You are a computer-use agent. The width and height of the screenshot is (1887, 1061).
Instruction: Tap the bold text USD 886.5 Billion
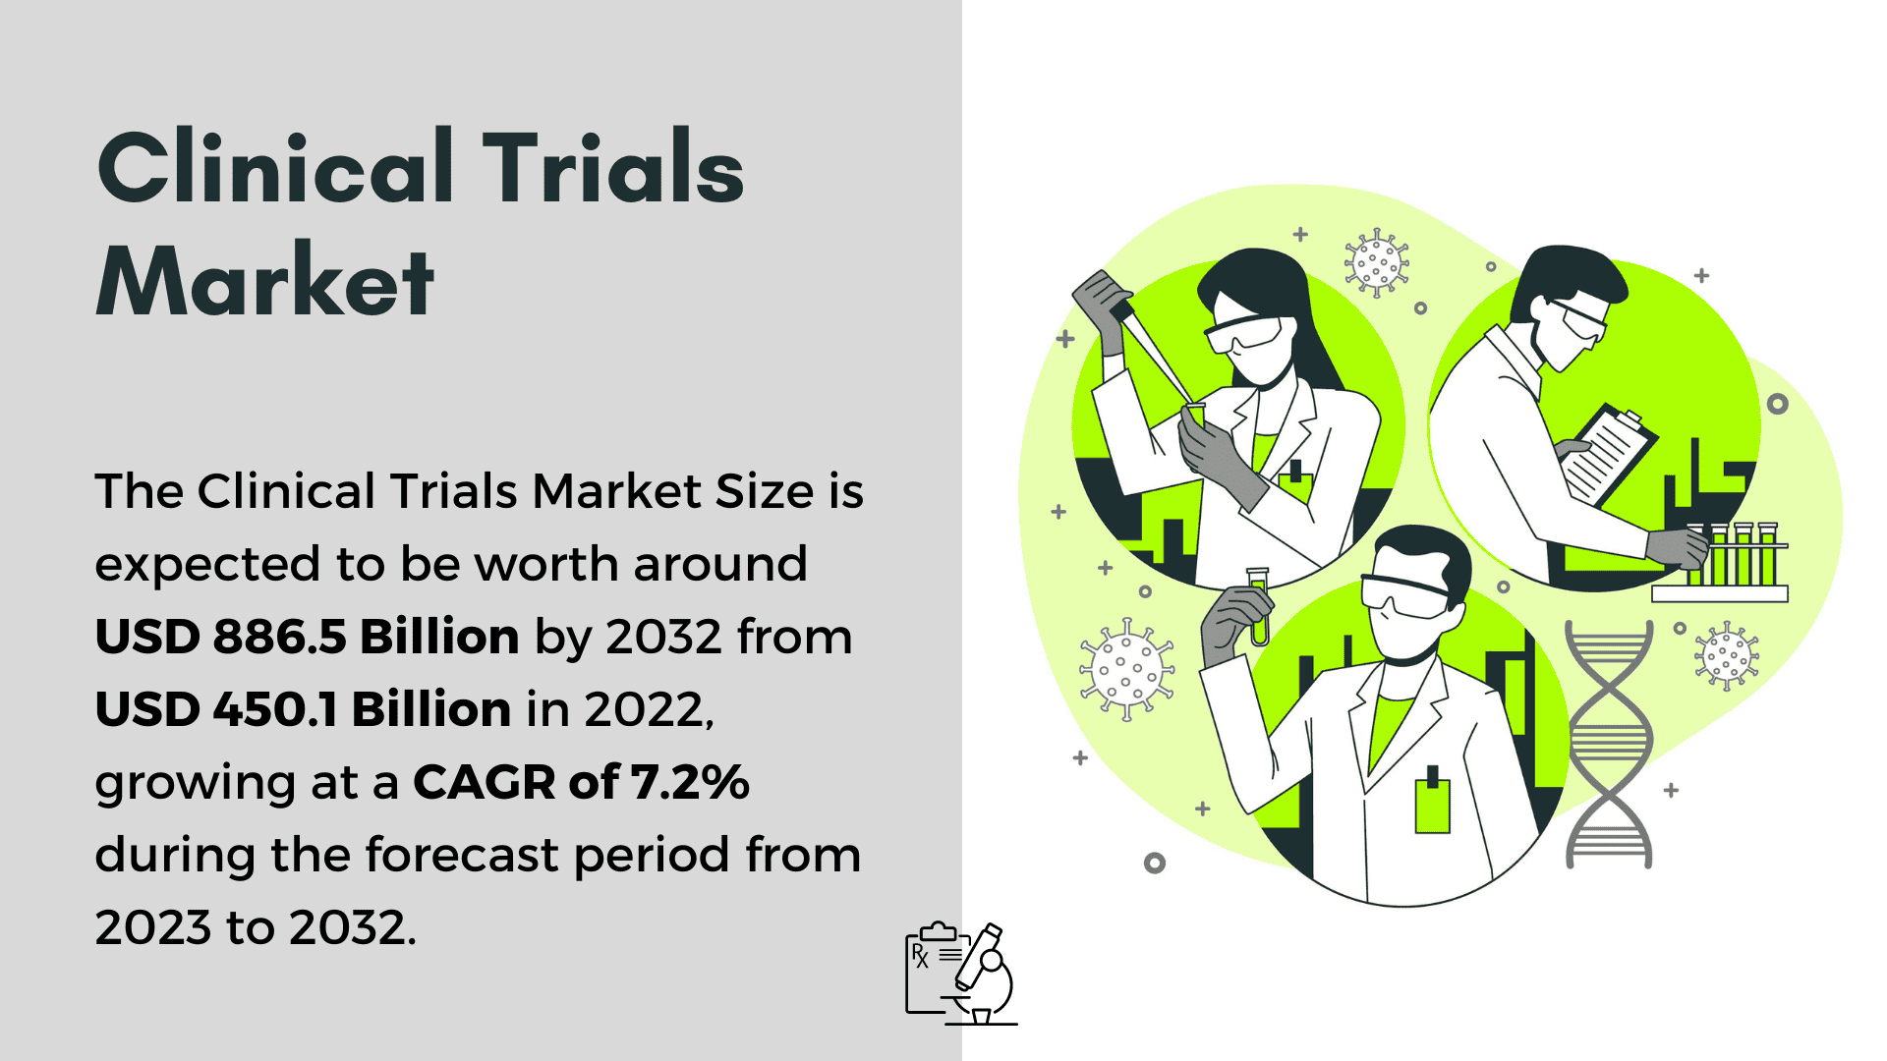[x=308, y=637]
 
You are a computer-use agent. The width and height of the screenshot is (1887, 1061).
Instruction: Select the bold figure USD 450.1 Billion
[x=303, y=709]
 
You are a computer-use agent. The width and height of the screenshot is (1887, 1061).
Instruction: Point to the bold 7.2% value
[x=690, y=782]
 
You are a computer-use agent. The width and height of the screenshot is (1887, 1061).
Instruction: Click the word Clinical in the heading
[x=276, y=167]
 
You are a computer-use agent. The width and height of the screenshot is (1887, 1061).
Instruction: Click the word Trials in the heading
[x=613, y=167]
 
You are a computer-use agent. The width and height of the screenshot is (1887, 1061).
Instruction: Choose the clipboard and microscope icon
[x=960, y=974]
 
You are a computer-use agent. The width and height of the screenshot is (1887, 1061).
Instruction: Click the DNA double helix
[x=1608, y=745]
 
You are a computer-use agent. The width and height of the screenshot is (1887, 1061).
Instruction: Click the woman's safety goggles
[x=1245, y=334]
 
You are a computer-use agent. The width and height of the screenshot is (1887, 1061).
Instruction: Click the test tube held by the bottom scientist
[x=1258, y=606]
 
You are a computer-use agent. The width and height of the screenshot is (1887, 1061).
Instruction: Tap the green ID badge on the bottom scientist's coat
[x=1432, y=800]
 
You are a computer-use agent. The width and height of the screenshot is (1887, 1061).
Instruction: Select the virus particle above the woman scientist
[x=1376, y=263]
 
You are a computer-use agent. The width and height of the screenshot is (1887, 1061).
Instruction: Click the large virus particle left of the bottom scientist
[x=1127, y=669]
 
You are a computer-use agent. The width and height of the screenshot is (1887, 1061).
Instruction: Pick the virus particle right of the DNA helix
[x=1727, y=655]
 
